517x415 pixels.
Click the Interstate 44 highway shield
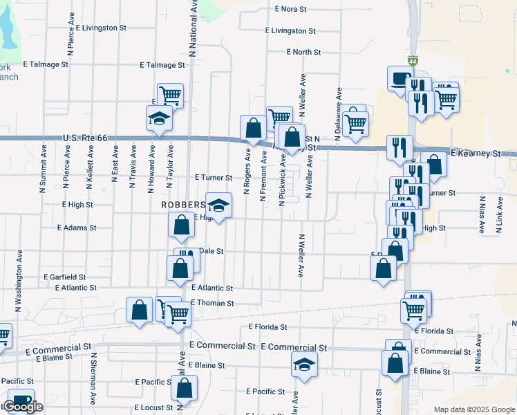point(413,62)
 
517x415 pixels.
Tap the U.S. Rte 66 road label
point(85,138)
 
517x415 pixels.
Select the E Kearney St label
point(475,152)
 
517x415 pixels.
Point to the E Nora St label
point(290,10)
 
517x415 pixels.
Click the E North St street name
point(304,52)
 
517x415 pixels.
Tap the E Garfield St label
point(64,277)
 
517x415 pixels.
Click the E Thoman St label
point(214,303)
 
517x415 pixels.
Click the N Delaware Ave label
point(339,113)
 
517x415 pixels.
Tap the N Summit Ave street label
point(43,162)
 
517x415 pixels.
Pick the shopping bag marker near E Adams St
point(181,224)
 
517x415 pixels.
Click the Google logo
point(23,407)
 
